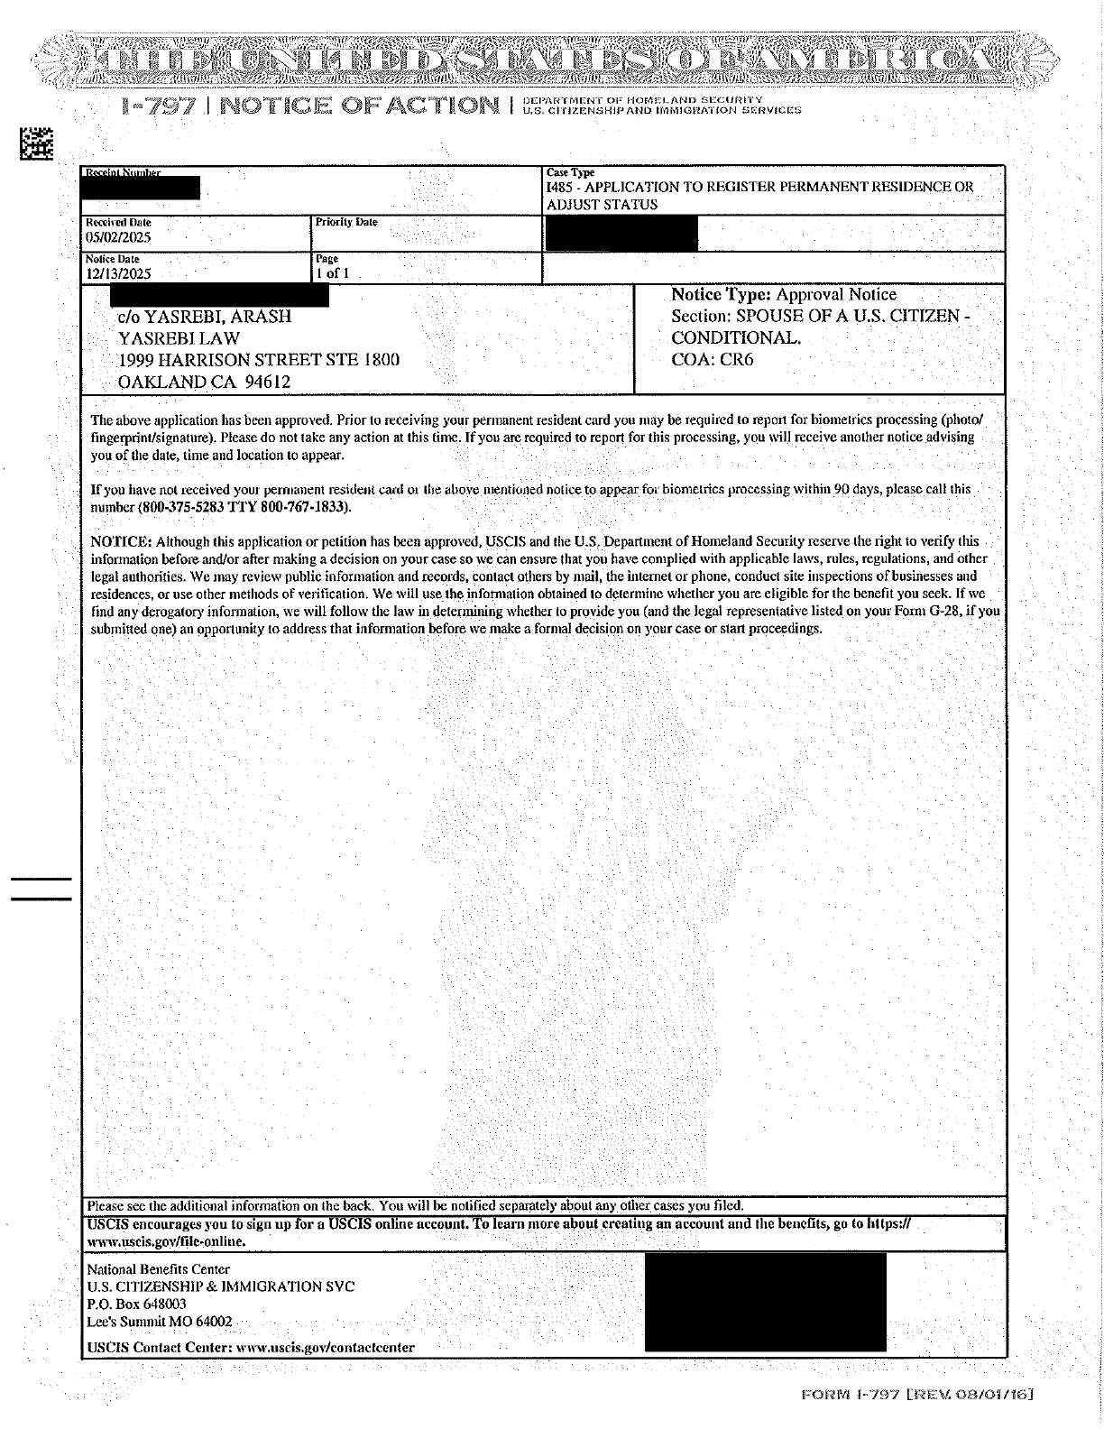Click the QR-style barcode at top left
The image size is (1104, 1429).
pos(37,145)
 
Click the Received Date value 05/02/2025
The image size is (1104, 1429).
pos(118,237)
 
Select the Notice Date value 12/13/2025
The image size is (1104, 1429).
pos(118,273)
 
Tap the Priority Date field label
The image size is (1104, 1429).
pos(346,222)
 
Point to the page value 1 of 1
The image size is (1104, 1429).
pos(332,273)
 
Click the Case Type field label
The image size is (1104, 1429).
pos(570,172)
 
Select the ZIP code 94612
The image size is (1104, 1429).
pos(268,382)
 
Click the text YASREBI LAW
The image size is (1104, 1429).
pos(179,338)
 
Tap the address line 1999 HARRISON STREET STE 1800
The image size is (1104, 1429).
pos(259,360)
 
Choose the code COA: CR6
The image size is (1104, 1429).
pos(713,360)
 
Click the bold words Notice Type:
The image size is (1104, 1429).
pos(722,295)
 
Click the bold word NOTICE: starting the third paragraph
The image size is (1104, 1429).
pos(122,541)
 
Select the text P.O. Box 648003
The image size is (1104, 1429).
pos(137,1304)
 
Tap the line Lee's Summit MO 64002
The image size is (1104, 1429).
pos(160,1322)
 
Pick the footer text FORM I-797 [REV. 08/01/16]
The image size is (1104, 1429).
pos(916,1395)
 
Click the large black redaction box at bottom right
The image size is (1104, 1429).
pos(765,1302)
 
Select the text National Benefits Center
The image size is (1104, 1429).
pos(159,1269)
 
